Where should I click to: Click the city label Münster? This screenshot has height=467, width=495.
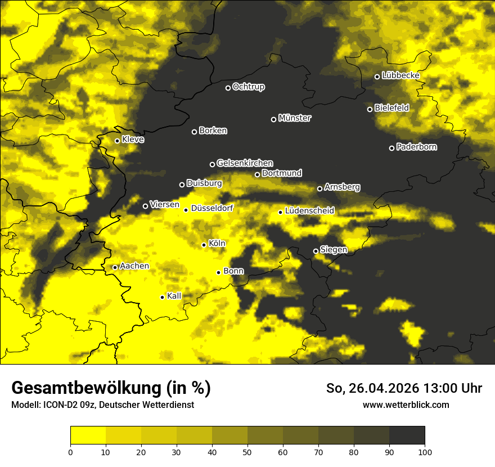click(x=295, y=118)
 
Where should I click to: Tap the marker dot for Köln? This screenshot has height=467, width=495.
click(x=204, y=245)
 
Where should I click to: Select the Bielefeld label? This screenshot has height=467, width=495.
click(x=392, y=107)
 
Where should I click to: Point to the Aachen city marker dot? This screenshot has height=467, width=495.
click(x=115, y=267)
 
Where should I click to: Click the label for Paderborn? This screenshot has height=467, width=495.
click(x=417, y=147)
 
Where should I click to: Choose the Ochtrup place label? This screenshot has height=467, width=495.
click(x=249, y=87)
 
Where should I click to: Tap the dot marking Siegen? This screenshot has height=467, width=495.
click(x=316, y=251)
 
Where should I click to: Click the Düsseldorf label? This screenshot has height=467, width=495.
click(x=212, y=208)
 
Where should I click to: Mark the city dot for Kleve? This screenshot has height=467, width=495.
click(x=117, y=141)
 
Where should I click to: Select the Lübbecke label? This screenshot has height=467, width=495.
click(x=401, y=75)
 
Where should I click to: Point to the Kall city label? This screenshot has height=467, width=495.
click(x=174, y=296)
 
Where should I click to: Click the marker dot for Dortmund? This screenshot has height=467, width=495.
click(x=257, y=174)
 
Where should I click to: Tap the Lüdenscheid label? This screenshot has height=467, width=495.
click(x=310, y=211)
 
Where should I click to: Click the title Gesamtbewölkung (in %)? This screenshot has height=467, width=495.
click(x=111, y=388)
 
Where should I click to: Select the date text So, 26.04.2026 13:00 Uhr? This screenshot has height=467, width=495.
click(x=404, y=388)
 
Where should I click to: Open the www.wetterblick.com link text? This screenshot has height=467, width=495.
click(x=406, y=405)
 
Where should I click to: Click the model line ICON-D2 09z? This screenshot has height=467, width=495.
click(x=102, y=405)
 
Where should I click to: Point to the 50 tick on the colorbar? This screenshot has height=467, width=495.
click(x=247, y=452)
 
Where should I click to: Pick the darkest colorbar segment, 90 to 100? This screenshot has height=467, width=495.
click(x=407, y=435)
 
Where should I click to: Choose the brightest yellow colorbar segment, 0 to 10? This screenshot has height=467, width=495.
click(x=88, y=435)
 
